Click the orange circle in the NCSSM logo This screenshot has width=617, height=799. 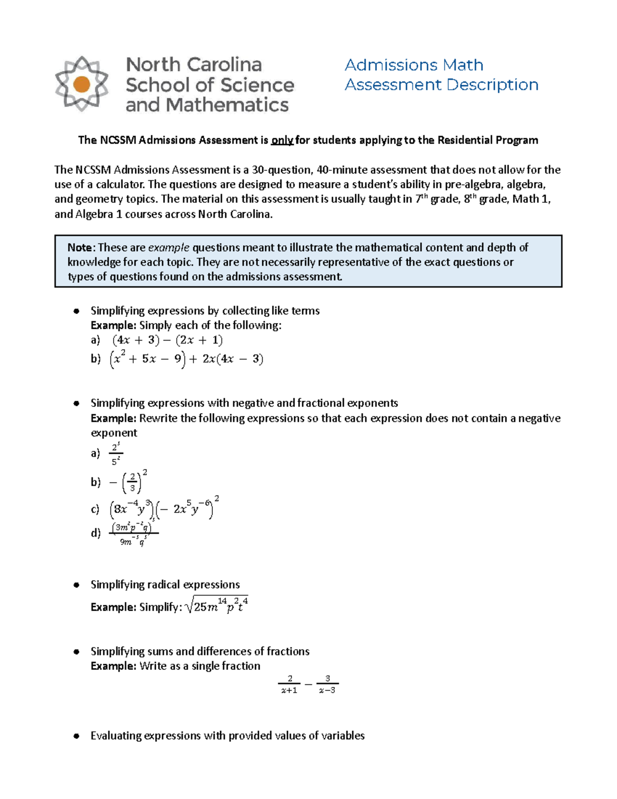(82, 84)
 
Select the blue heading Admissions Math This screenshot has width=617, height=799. (414, 65)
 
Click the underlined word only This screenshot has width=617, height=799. (282, 140)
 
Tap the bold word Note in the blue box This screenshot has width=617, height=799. (80, 247)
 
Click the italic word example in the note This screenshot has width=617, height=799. (169, 247)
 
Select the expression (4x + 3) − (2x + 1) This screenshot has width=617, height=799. (167, 340)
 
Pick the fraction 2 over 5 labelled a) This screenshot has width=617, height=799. (116, 453)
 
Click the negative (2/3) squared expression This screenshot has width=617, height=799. (129, 482)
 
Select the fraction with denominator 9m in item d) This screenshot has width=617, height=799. (133, 534)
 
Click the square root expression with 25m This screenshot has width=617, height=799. (216, 606)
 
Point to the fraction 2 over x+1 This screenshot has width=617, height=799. (289, 685)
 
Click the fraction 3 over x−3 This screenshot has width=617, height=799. (327, 685)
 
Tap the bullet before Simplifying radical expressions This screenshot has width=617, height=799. (76, 584)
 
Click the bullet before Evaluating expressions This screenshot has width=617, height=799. (76, 736)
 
